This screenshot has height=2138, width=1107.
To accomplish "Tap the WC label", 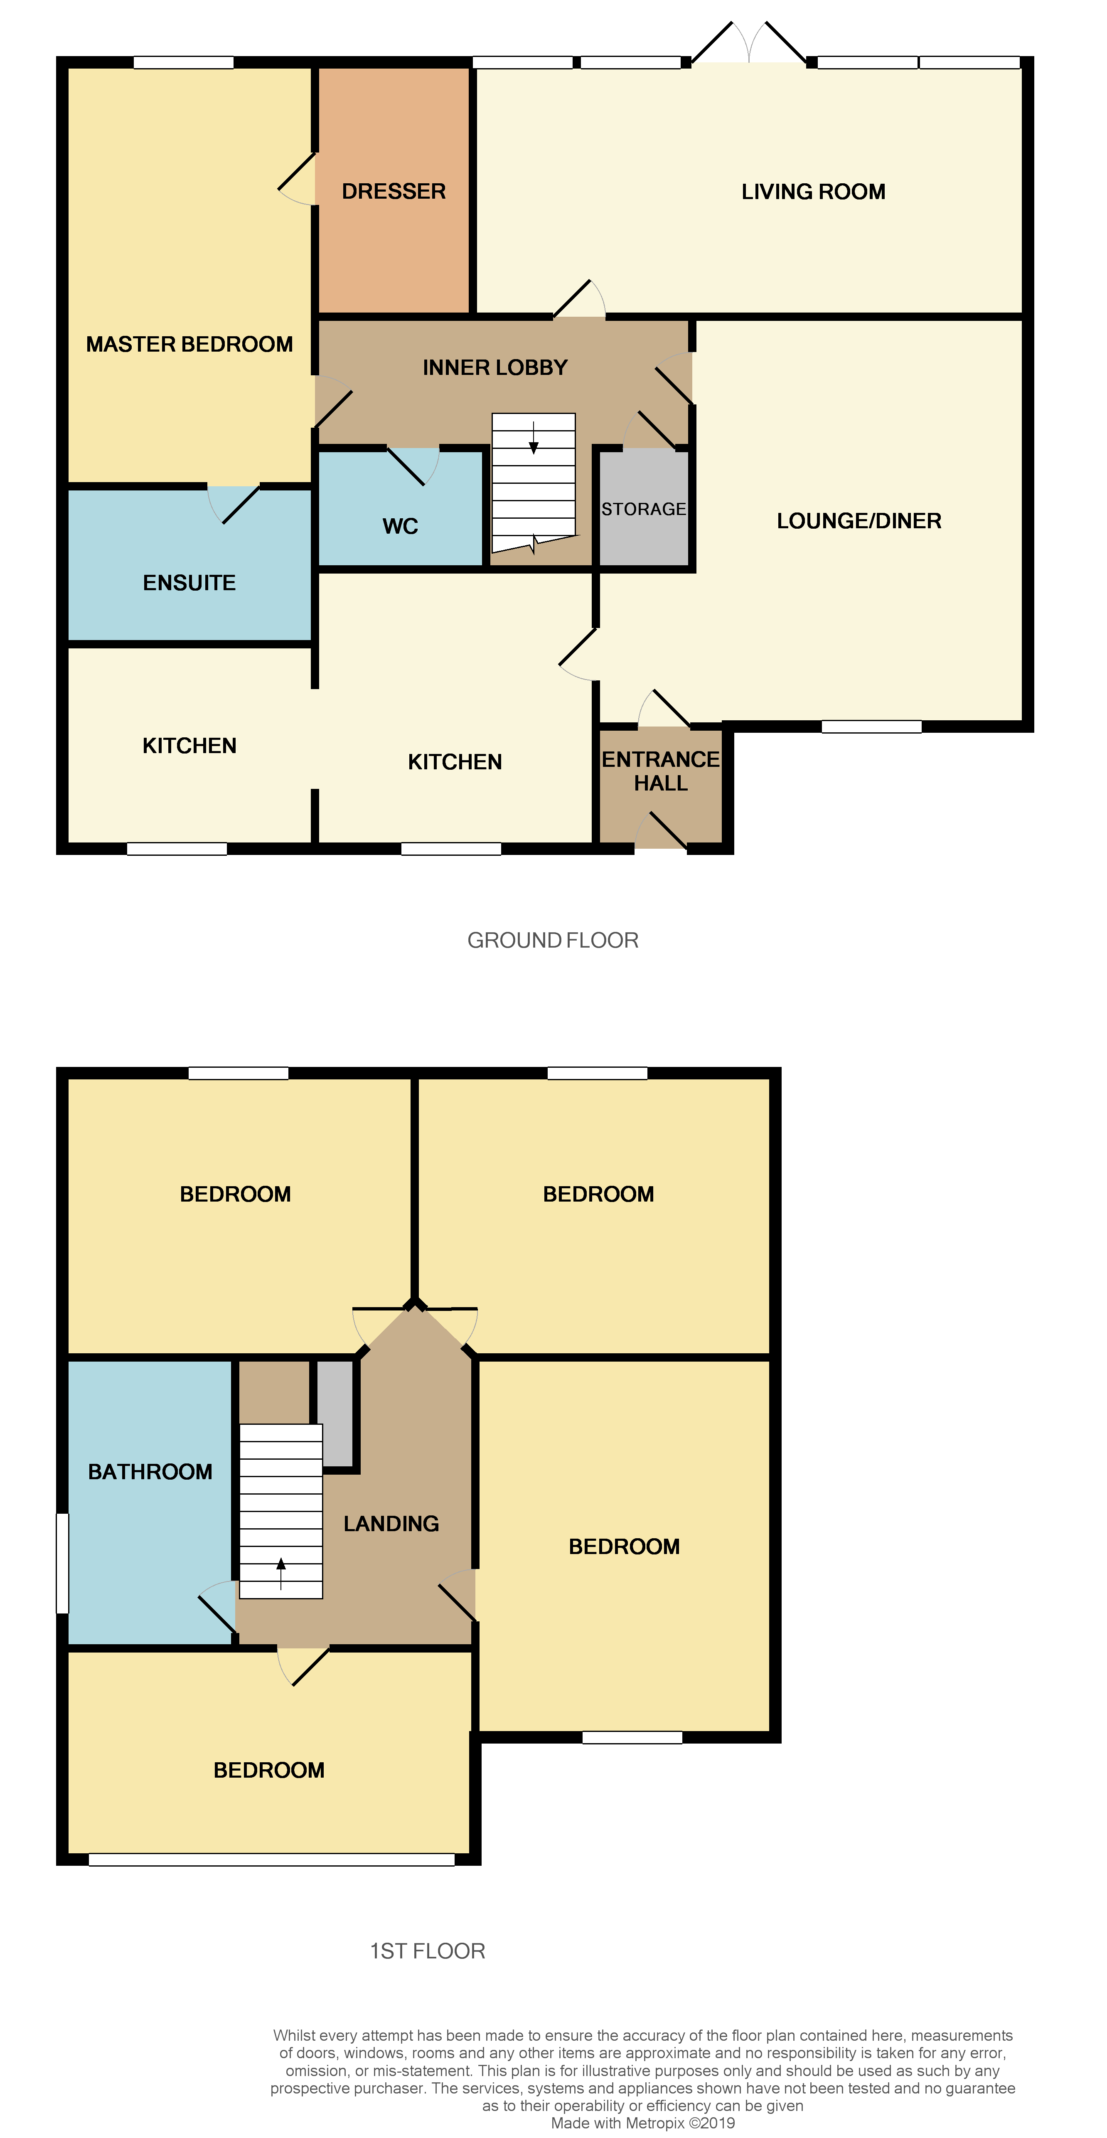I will pyautogui.click(x=400, y=526).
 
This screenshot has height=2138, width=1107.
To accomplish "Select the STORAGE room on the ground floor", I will pyautogui.click(x=644, y=509).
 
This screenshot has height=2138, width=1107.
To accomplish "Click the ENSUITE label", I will pyautogui.click(x=189, y=583).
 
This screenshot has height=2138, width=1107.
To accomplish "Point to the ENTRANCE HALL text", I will pyautogui.click(x=661, y=771).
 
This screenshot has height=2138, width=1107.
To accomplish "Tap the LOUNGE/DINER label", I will pyautogui.click(x=859, y=521).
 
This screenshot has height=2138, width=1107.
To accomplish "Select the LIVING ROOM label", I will pyautogui.click(x=813, y=192).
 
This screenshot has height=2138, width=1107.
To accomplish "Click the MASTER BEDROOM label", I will pyautogui.click(x=189, y=345).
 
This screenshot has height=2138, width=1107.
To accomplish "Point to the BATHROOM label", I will pyautogui.click(x=150, y=1471).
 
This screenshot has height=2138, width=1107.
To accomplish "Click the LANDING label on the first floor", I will pyautogui.click(x=391, y=1524).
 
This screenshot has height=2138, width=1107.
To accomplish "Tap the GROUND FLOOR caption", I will pyautogui.click(x=553, y=940).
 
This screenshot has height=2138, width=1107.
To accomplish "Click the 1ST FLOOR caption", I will pyautogui.click(x=427, y=1951).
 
